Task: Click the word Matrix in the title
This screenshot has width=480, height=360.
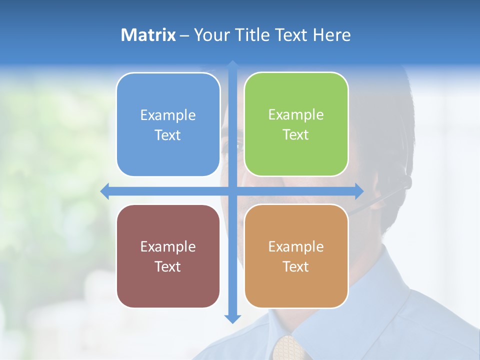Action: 148,35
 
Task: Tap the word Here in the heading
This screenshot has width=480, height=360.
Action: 332,35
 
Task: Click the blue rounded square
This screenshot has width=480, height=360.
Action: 168,124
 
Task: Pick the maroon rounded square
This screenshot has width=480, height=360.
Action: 168,256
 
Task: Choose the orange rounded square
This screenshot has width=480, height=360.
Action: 296,256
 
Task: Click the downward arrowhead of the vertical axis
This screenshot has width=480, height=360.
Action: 232,318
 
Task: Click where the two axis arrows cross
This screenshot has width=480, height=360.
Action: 232,191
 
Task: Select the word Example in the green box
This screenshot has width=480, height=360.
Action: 296,115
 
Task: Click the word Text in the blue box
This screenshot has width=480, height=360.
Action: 167,135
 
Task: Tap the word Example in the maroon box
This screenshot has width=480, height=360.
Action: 167,246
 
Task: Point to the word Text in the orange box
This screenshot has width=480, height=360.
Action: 295,266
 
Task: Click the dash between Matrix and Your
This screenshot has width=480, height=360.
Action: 184,35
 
